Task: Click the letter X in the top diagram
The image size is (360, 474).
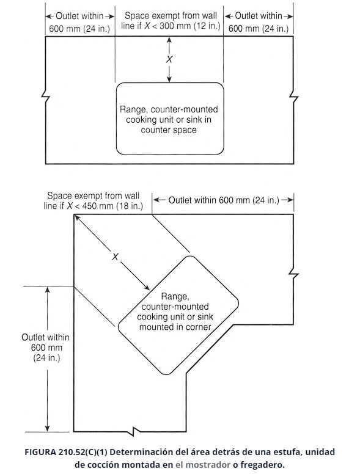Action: pyautogui.click(x=169, y=59)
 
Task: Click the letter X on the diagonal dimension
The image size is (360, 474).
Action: pyautogui.click(x=116, y=257)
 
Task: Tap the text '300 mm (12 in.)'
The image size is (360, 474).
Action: pyautogui.click(x=190, y=26)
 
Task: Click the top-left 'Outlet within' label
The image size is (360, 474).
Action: pyautogui.click(x=80, y=16)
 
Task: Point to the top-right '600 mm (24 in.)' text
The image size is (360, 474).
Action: pyautogui.click(x=259, y=29)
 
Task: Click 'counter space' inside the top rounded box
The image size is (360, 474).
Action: pyautogui.click(x=169, y=130)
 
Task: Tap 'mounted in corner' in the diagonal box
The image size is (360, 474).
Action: pyautogui.click(x=175, y=327)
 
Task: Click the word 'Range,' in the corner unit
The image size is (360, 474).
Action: pyautogui.click(x=175, y=296)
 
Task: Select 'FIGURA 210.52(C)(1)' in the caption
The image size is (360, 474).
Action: pyautogui.click(x=66, y=452)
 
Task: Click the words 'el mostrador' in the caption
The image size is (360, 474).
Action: pyautogui.click(x=203, y=465)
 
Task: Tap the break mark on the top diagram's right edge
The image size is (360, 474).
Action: pyautogui.click(x=293, y=97)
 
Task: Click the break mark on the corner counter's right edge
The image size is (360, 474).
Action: pyautogui.click(x=293, y=274)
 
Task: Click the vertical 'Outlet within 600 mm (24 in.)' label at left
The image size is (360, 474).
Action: pyautogui.click(x=46, y=348)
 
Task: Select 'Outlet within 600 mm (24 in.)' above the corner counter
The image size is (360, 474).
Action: pyautogui.click(x=224, y=200)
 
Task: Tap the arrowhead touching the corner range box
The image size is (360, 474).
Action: pyautogui.click(x=147, y=288)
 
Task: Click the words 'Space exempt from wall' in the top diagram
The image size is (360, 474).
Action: pyautogui.click(x=171, y=15)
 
